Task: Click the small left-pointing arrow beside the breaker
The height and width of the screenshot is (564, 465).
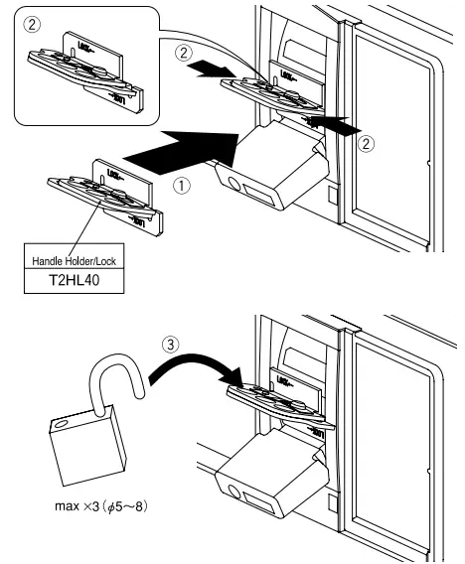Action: coord(329,128)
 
